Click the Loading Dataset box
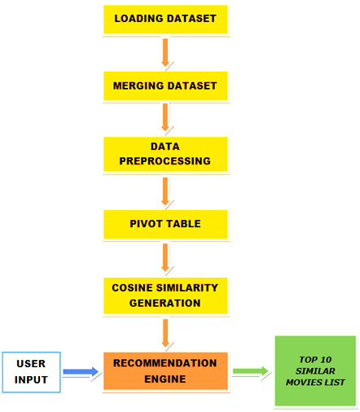(165, 20)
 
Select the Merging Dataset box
(165, 85)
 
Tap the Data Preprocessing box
(165, 154)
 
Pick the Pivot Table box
(165, 224)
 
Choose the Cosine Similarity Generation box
(165, 296)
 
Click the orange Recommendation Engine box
(165, 371)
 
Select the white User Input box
(31, 372)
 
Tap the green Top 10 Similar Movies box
(315, 371)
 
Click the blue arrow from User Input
(81, 371)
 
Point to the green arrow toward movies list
(250, 371)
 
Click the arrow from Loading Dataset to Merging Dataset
(165, 53)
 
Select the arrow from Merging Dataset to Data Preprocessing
(165, 117)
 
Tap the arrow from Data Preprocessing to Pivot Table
(165, 191)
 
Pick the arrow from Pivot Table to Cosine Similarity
(165, 258)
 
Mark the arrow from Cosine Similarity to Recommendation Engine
(165, 333)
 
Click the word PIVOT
(147, 224)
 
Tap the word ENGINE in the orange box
(165, 379)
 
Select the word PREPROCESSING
(165, 161)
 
